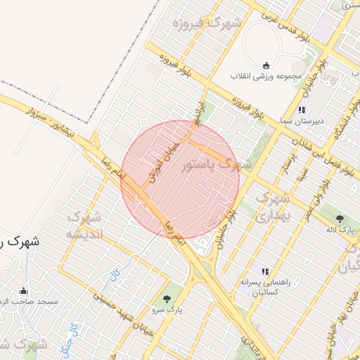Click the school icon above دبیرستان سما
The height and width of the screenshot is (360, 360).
[302, 110]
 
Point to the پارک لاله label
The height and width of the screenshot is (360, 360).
[340, 229]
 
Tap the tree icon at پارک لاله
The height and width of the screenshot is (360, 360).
[340, 219]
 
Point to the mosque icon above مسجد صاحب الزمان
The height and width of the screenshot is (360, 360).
[24, 291]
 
